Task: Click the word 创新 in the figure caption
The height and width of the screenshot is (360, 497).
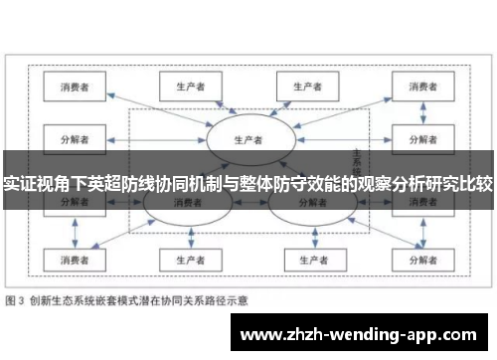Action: pyautogui.click(x=41, y=299)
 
